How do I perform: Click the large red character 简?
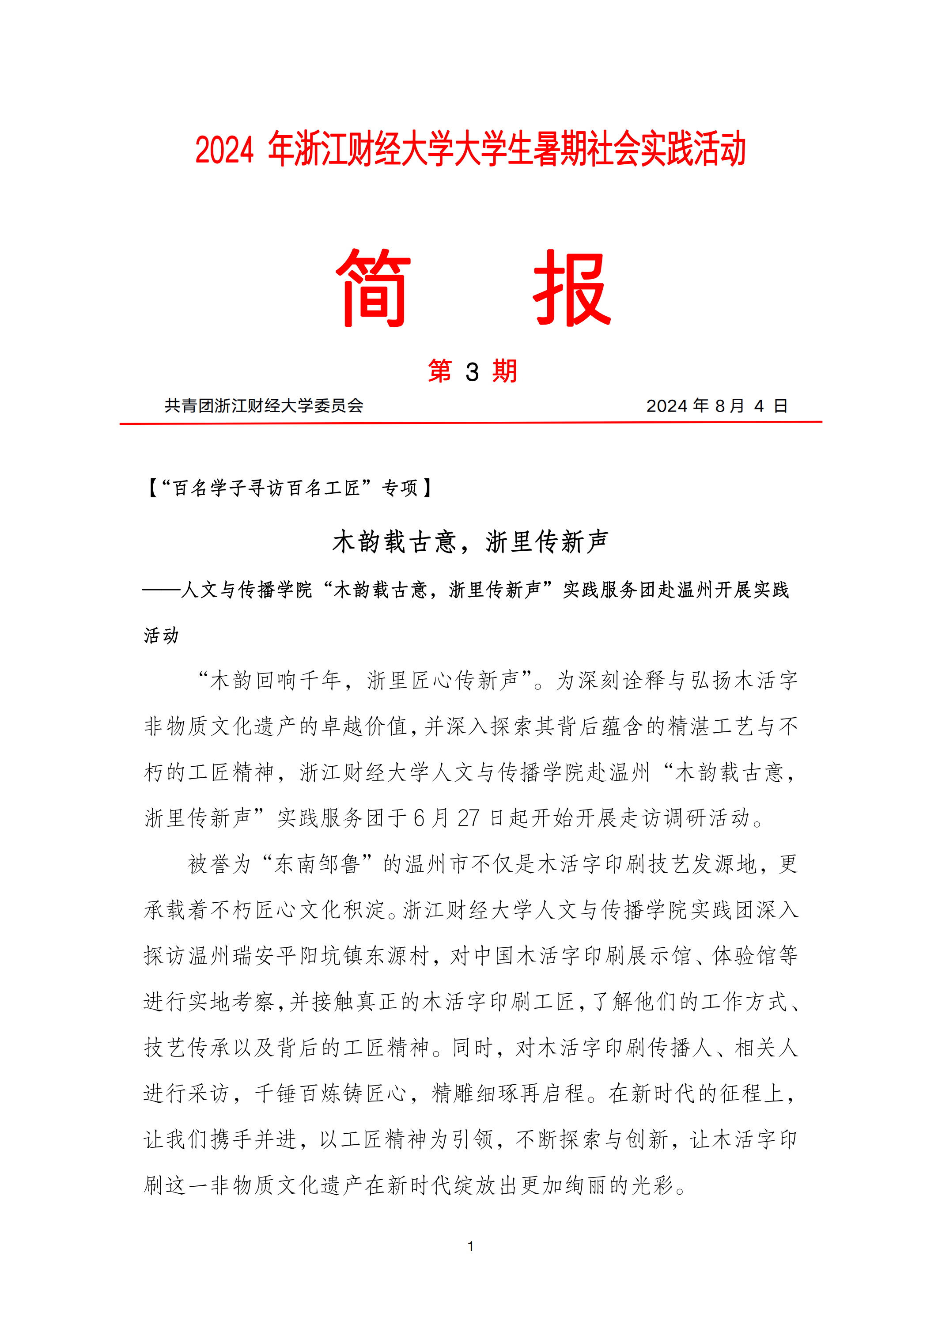(x=374, y=288)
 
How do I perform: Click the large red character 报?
(x=571, y=288)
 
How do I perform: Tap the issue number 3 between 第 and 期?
(x=472, y=372)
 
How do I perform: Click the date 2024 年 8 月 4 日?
(x=716, y=405)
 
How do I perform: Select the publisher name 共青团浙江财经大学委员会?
(x=264, y=405)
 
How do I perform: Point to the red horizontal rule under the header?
(x=470, y=423)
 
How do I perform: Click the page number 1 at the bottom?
(x=470, y=1246)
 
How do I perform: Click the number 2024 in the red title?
(x=224, y=150)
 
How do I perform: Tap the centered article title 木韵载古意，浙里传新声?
(x=470, y=542)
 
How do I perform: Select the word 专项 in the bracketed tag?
(x=399, y=488)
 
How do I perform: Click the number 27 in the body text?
(x=468, y=818)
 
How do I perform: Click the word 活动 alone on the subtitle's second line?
(x=161, y=635)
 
